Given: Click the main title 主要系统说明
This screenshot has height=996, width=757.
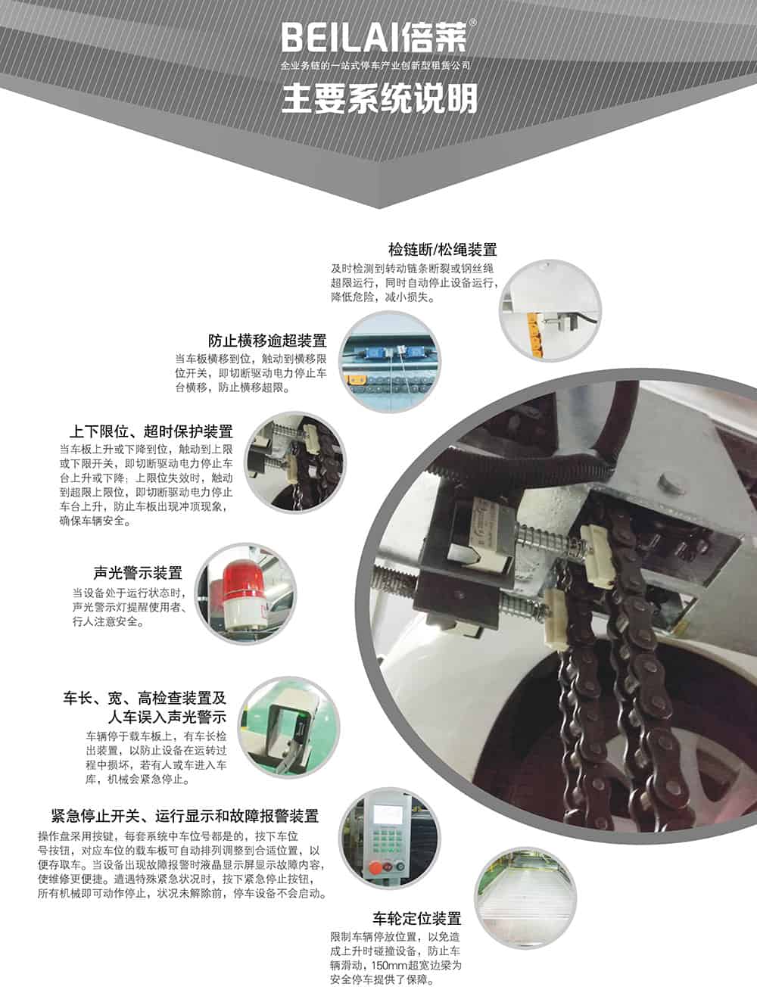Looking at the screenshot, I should [x=379, y=98].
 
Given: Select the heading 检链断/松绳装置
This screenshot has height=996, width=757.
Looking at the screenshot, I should [x=442, y=250].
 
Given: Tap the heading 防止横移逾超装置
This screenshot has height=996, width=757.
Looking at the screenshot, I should [x=267, y=340].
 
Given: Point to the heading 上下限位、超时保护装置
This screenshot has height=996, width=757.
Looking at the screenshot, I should [x=151, y=431].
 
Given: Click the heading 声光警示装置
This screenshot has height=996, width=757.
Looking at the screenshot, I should [x=137, y=573].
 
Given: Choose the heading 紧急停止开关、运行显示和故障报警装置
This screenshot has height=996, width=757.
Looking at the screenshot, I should [x=185, y=816].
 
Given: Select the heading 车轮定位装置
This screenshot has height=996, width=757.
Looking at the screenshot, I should [x=417, y=919].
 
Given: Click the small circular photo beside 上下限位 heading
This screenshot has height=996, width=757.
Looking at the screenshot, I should [x=293, y=463].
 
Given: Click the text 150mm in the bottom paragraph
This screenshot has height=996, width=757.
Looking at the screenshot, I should [x=385, y=966].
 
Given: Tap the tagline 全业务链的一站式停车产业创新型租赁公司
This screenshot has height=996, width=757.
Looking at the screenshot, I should [x=375, y=67].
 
